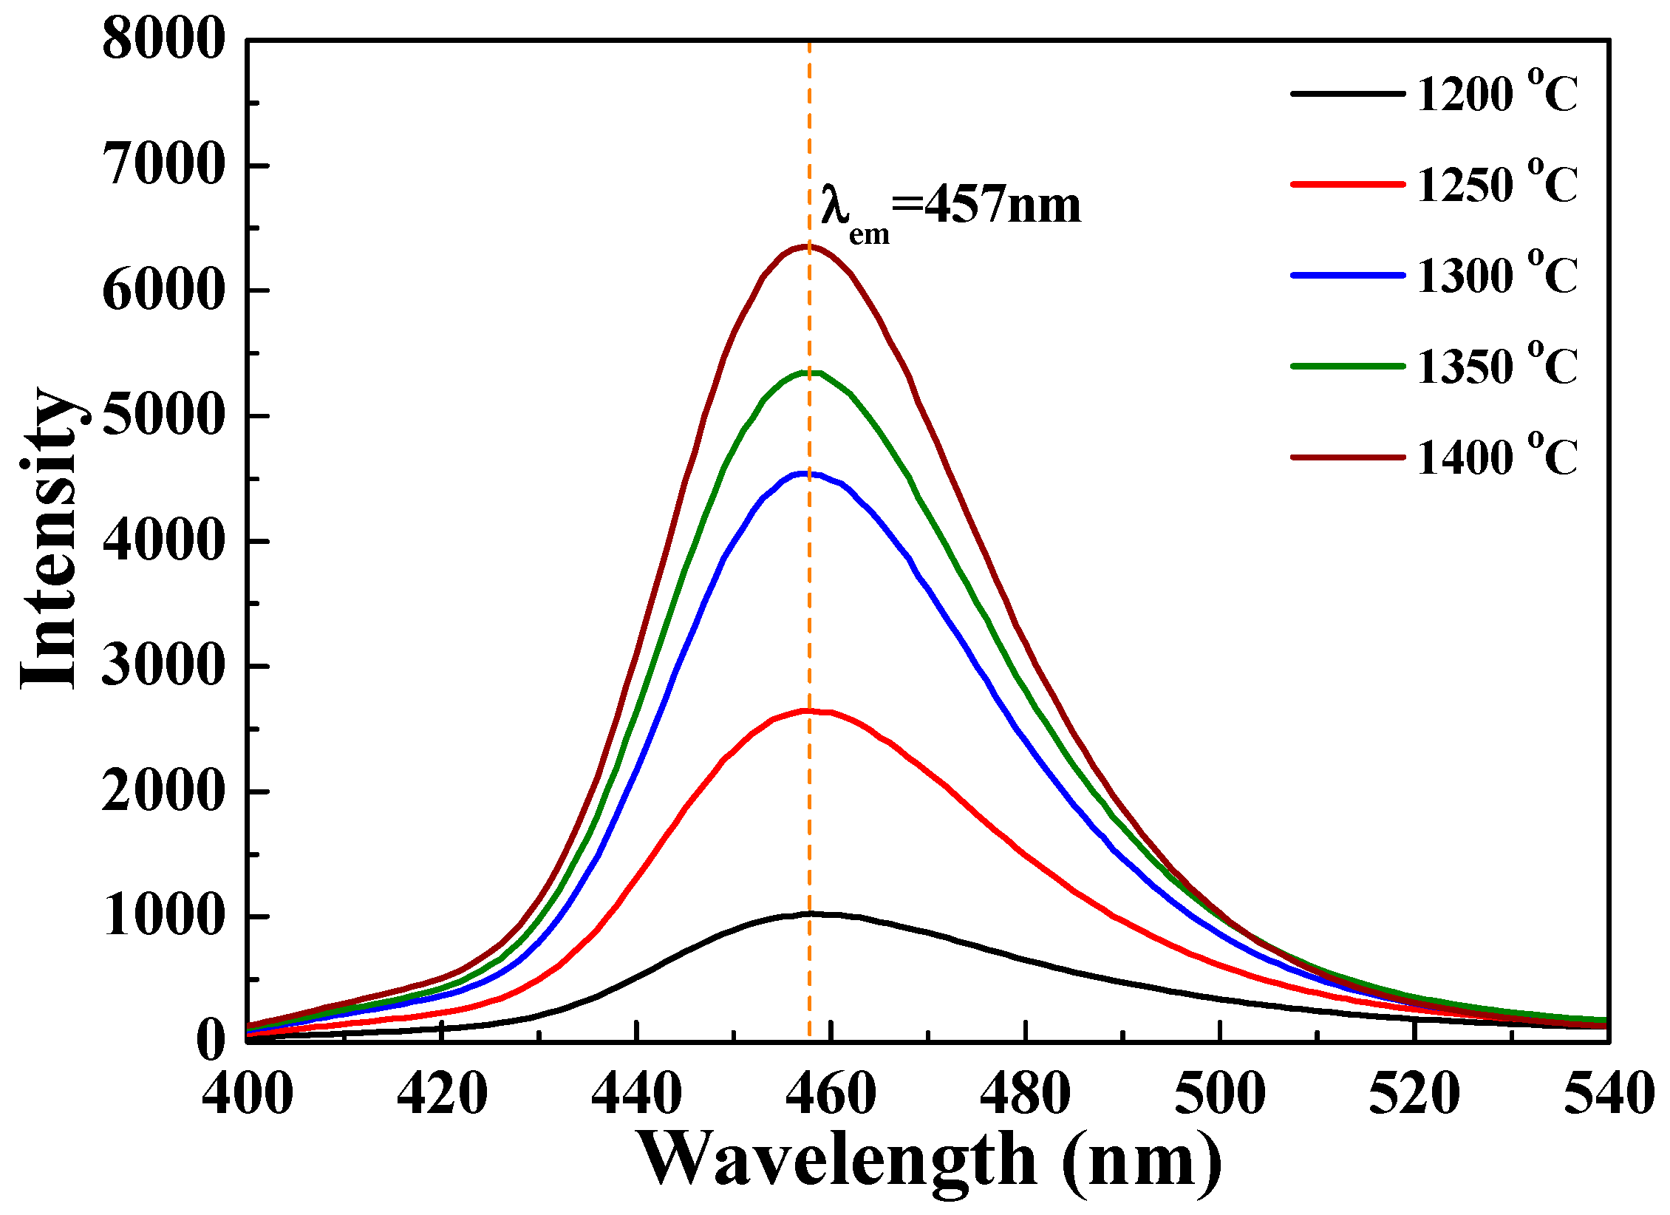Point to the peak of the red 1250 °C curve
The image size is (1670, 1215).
point(807,711)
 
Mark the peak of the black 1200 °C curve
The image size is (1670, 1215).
point(810,913)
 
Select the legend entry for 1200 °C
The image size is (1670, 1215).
point(1496,95)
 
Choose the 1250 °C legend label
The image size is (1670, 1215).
point(1496,185)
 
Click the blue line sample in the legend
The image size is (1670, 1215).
point(1348,275)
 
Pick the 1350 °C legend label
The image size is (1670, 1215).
point(1496,367)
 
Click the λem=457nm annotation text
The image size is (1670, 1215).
point(950,209)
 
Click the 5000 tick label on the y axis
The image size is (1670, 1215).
point(163,415)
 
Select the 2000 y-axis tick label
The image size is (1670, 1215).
point(163,792)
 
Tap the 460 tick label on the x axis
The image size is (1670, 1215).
point(831,1095)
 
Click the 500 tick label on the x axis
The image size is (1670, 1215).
point(1220,1095)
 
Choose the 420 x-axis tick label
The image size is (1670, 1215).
point(442,1095)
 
